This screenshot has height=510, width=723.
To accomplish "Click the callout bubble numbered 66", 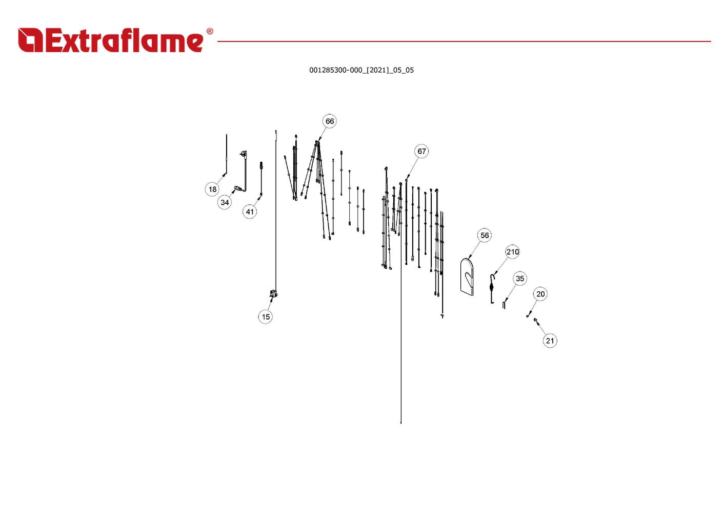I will tap(330, 121).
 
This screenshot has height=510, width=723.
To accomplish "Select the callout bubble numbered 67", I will tap(421, 151).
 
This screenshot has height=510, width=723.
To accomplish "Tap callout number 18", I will tap(212, 189).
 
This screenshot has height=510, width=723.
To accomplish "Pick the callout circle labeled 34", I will tap(225, 202).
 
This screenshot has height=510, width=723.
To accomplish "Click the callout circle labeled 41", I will tap(250, 211).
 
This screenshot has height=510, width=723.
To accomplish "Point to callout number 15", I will tap(266, 317).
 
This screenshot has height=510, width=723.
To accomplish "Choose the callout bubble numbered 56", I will tap(485, 236).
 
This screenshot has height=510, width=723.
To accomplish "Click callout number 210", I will tap(513, 252).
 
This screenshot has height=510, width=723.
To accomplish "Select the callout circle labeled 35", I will tap(520, 279).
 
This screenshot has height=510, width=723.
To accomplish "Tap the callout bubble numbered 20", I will tap(540, 294).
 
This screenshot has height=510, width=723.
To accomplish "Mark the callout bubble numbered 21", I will tap(550, 341).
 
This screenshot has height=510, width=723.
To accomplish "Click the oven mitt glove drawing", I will tap(467, 277).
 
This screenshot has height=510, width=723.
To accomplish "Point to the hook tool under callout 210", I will tap(492, 289).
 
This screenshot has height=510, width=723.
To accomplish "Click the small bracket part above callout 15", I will tap(273, 294).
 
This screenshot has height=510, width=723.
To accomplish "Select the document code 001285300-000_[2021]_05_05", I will tap(361, 70).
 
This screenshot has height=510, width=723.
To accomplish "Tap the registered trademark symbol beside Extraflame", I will tap(209, 32).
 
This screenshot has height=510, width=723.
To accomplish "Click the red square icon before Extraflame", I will tap(30, 40).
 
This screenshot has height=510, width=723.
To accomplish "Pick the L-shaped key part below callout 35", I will tap(505, 304).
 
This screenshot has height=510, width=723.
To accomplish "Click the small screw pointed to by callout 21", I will tap(536, 321).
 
